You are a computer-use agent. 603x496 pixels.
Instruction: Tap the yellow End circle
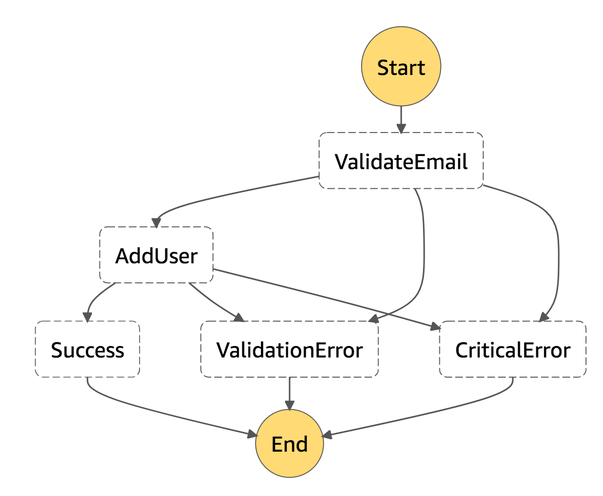[289, 443]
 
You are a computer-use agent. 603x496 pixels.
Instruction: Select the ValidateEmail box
[401, 161]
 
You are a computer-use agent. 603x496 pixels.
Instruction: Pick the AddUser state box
[156, 255]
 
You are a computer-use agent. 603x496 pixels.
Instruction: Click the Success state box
[88, 349]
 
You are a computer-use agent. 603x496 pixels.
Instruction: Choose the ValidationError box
[289, 349]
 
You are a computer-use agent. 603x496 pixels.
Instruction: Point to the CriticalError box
[513, 349]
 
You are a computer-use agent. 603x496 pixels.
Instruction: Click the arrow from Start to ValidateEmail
[401, 117]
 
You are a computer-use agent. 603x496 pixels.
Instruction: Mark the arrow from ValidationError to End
[289, 392]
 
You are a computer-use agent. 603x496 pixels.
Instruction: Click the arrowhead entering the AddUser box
[156, 223]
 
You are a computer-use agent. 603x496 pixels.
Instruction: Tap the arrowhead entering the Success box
[86, 317]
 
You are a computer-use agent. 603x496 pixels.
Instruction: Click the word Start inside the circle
[401, 67]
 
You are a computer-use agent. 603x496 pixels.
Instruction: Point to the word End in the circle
[289, 444]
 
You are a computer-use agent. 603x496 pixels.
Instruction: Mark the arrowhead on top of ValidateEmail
[401, 129]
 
